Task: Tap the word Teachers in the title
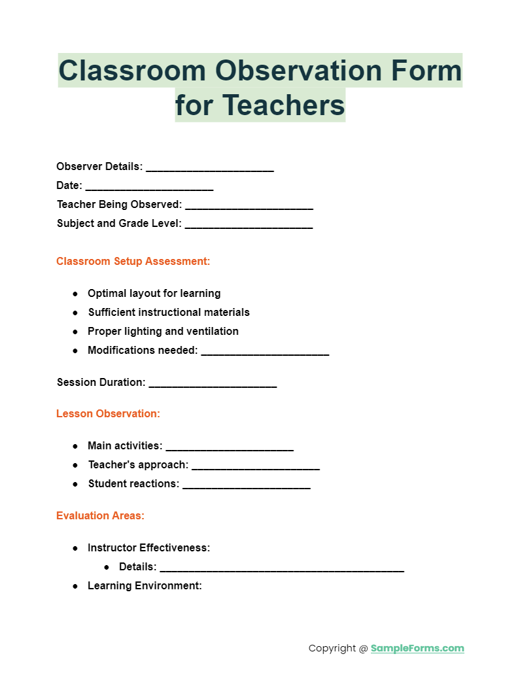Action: [x=284, y=105]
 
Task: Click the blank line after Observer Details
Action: [x=209, y=169]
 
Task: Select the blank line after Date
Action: [x=149, y=188]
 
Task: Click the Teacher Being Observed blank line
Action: [x=249, y=207]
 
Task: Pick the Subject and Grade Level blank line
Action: [x=249, y=226]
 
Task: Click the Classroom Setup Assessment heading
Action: [x=133, y=262]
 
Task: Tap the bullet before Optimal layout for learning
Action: [x=76, y=294]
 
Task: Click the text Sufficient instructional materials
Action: [x=169, y=313]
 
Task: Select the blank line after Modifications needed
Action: [x=265, y=353]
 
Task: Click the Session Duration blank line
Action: [x=213, y=385]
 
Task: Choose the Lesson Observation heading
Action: [x=108, y=414]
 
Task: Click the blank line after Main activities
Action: [x=230, y=449]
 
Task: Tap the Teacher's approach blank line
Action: [x=256, y=468]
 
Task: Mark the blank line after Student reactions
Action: [x=246, y=487]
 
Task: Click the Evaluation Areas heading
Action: [x=100, y=516]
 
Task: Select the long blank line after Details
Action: [x=282, y=570]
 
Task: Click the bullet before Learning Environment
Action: [x=76, y=586]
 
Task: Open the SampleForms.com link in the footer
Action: [x=417, y=649]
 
